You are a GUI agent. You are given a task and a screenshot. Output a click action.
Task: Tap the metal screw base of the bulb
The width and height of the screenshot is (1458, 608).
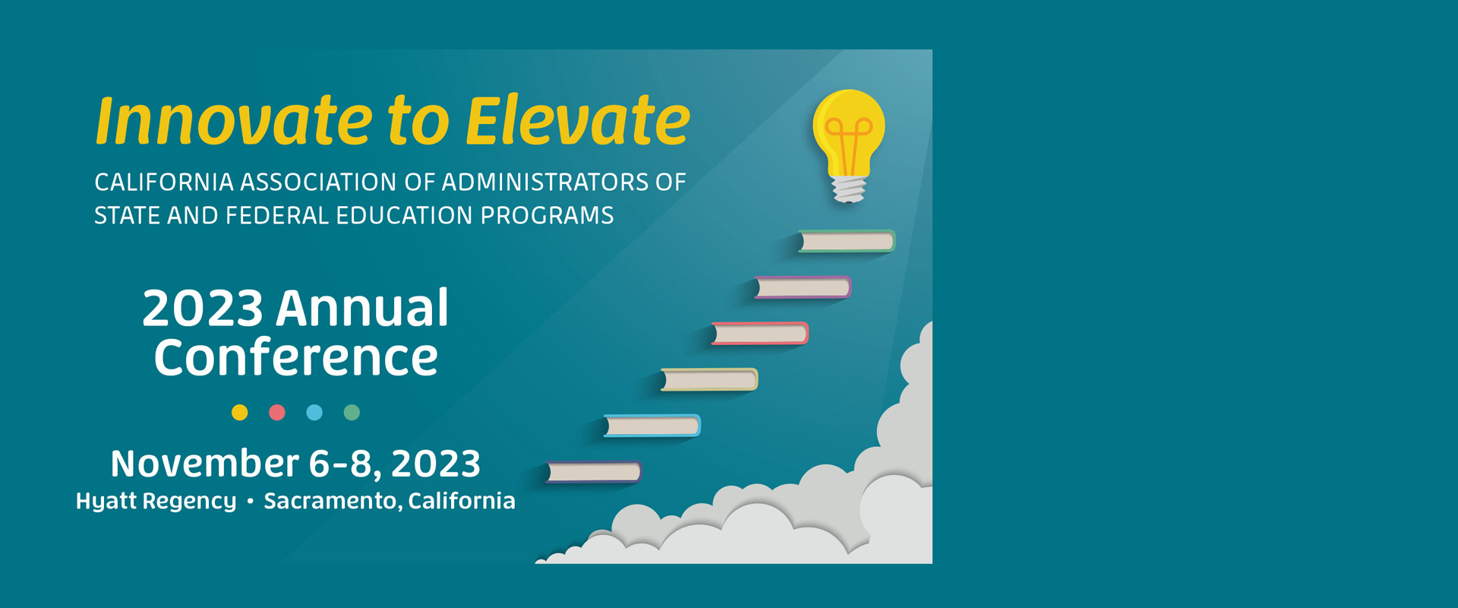click(849, 189)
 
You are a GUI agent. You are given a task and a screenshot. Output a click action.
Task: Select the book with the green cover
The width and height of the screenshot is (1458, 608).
click(847, 241)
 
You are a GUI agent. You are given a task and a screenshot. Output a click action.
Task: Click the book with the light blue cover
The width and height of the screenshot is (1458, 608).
click(652, 426)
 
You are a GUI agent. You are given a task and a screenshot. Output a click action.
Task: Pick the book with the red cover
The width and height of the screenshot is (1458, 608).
click(759, 334)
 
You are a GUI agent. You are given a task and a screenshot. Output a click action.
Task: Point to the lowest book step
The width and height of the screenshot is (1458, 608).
click(594, 472)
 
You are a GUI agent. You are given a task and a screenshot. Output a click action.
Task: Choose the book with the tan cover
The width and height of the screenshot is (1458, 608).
click(709, 379)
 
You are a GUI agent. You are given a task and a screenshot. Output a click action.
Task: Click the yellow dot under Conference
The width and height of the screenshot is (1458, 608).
click(240, 413)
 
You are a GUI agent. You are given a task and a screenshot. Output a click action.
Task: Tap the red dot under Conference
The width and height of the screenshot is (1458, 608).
click(277, 413)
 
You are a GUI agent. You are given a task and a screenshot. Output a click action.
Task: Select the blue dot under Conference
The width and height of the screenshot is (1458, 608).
click(314, 413)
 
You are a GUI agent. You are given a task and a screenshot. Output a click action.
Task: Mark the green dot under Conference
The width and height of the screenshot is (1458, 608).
click(352, 413)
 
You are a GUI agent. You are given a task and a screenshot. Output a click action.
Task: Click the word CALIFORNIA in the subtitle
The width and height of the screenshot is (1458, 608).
click(164, 182)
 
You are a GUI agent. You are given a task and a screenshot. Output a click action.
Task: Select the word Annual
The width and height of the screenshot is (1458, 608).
click(362, 308)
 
